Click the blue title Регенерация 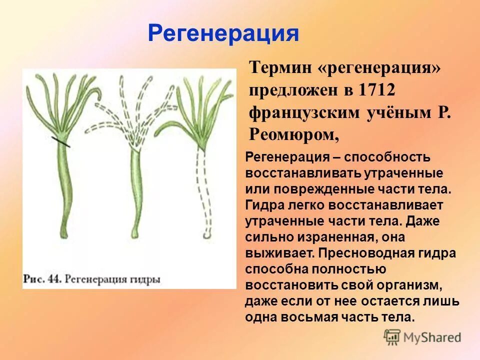(223, 34)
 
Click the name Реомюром (294, 134)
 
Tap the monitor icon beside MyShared (392, 336)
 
